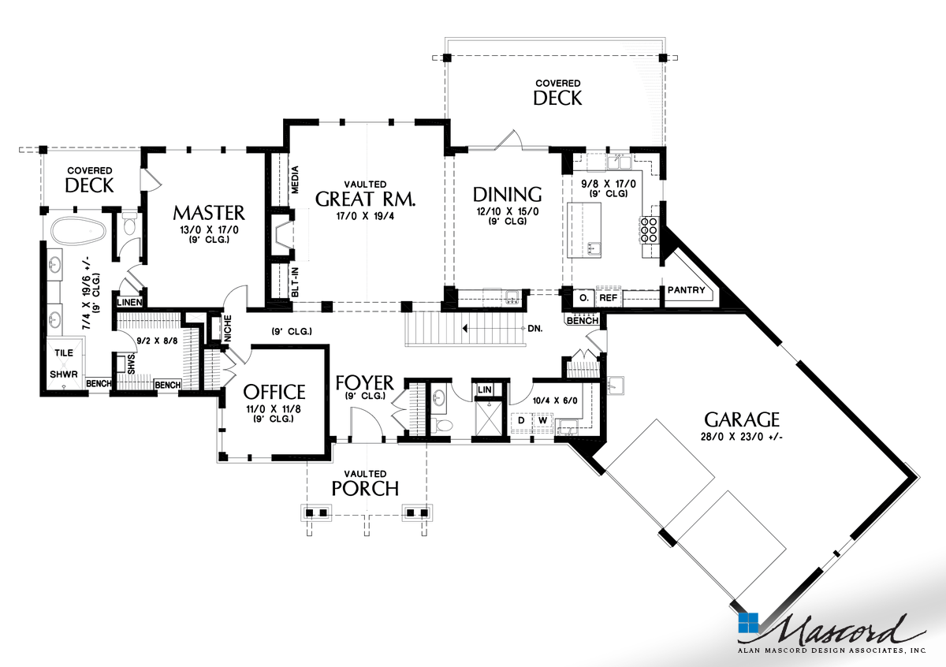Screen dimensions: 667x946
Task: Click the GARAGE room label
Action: [x=742, y=419]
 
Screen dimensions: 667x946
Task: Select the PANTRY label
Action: [x=686, y=290]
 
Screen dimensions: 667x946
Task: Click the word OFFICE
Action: [x=274, y=392]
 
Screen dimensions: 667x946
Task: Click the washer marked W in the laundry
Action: [x=542, y=420]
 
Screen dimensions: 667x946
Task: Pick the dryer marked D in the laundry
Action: [x=521, y=420]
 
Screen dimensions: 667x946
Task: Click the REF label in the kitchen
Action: [x=607, y=299]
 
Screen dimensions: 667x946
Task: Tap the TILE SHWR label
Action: [x=63, y=363]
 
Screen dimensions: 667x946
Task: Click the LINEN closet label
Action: [x=130, y=302]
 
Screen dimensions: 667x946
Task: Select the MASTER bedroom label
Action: [x=209, y=213]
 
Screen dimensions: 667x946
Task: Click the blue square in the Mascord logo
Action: [x=747, y=623]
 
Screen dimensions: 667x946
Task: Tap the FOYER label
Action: [x=363, y=383]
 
